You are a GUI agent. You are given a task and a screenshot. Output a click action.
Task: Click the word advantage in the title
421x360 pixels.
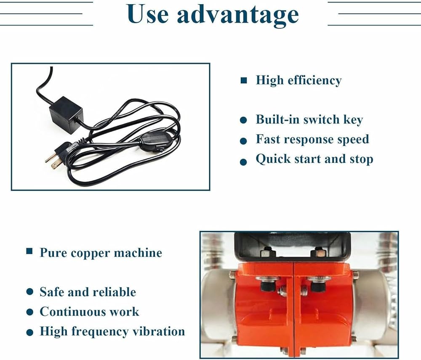click(x=238, y=16)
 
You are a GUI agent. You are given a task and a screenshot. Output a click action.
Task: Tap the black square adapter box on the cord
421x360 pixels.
click(x=66, y=115)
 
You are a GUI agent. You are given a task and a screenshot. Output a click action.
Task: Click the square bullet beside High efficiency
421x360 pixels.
click(x=244, y=80)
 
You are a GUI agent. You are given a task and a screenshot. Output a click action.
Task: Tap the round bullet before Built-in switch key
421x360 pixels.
click(x=243, y=120)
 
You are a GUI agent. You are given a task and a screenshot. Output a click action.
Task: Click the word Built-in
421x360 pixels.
click(x=277, y=119)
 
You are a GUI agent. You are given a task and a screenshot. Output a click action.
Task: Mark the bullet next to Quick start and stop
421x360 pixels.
click(x=243, y=162)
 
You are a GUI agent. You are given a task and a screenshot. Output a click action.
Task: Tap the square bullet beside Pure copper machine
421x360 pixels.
click(x=29, y=251)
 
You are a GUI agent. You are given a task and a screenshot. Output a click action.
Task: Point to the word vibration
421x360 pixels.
click(x=159, y=331)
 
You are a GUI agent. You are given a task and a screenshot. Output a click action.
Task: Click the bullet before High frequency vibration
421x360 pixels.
click(x=30, y=333)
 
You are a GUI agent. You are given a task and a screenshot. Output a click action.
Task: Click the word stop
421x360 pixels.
click(x=361, y=159)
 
